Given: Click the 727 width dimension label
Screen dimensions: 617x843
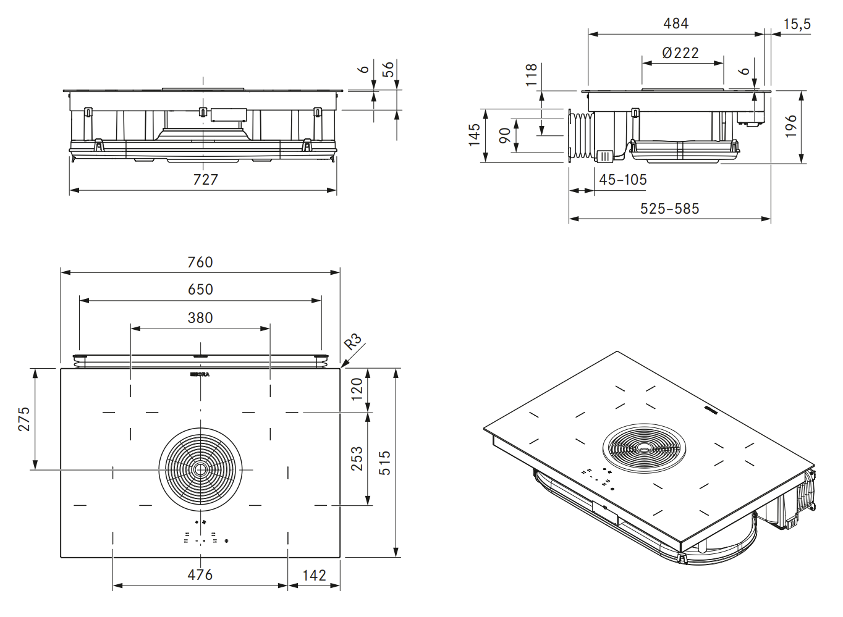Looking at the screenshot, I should pos(205,179).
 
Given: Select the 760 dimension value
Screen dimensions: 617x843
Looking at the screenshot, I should pos(200,262).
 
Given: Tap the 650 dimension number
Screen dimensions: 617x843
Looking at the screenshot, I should pos(200,290).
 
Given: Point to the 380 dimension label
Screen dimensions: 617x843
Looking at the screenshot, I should pos(200,317).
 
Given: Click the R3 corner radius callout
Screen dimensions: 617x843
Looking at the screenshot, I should pos(353,342).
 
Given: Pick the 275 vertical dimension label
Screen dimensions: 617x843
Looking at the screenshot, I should pos(23,419).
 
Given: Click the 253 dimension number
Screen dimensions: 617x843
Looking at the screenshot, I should pos(357,459).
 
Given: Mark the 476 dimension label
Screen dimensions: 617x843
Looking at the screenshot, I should pos(200,575).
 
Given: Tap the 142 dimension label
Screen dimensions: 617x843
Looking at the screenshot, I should pos(314,576).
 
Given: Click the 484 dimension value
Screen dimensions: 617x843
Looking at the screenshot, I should pos(676,23).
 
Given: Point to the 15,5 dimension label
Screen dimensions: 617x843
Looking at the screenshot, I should pos(797,24).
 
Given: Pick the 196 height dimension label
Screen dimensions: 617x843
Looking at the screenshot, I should pos(790,127).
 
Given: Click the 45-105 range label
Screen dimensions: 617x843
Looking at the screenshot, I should pos(623,180).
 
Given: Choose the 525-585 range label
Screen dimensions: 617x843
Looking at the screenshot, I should pos(669,209).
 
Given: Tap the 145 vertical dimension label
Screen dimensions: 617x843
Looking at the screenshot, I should pos(474,135).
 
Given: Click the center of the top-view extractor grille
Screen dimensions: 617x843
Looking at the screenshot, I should pos(200,469).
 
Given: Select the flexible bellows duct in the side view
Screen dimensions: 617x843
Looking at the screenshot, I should pos(581,136).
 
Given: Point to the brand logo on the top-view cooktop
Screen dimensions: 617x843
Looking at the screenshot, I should pos(200,375).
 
